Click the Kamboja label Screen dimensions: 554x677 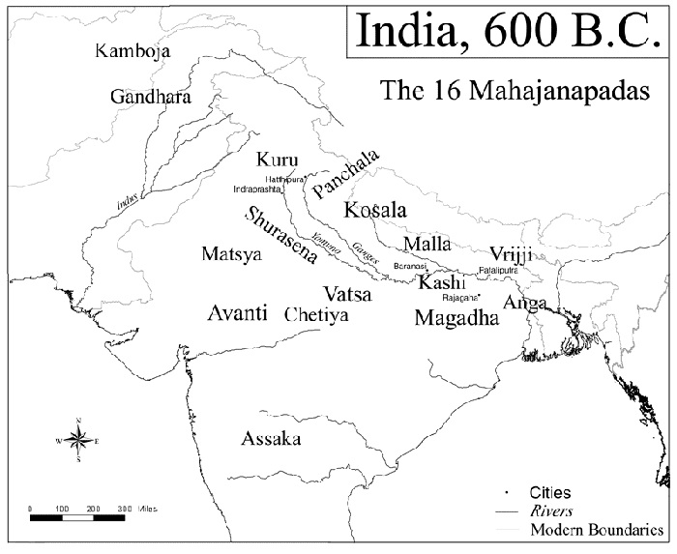pos(127,50)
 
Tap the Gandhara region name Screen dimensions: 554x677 pos(150,97)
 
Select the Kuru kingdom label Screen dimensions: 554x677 pos(278,160)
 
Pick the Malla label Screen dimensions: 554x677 pos(427,243)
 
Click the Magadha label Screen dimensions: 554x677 pos(456,318)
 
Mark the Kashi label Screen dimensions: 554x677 pos(442,282)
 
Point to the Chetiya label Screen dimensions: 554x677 pos(316,315)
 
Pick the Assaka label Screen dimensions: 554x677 pos(271,439)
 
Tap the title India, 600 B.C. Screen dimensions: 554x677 pos(509,31)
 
